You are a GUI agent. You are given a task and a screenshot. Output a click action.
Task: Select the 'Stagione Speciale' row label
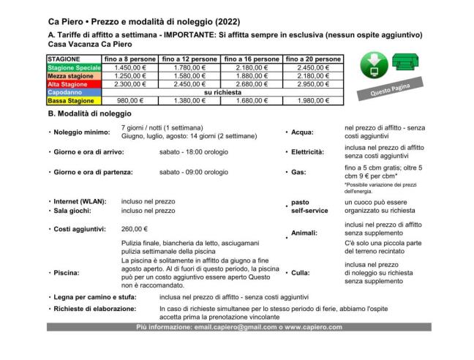pos(74,67)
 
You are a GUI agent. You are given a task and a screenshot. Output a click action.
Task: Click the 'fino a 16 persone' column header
pos(251,59)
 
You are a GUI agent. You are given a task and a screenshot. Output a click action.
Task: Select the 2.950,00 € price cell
pos(312,84)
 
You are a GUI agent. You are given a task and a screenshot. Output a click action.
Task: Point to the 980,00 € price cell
pos(129,101)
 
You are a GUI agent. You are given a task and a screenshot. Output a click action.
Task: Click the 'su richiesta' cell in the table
pos(222,93)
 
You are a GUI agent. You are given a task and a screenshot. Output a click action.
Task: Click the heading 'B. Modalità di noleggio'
pos(89,114)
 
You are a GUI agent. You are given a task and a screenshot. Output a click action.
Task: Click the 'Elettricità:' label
pos(307,152)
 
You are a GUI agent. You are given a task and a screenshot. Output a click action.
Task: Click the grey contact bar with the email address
pos(238,327)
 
